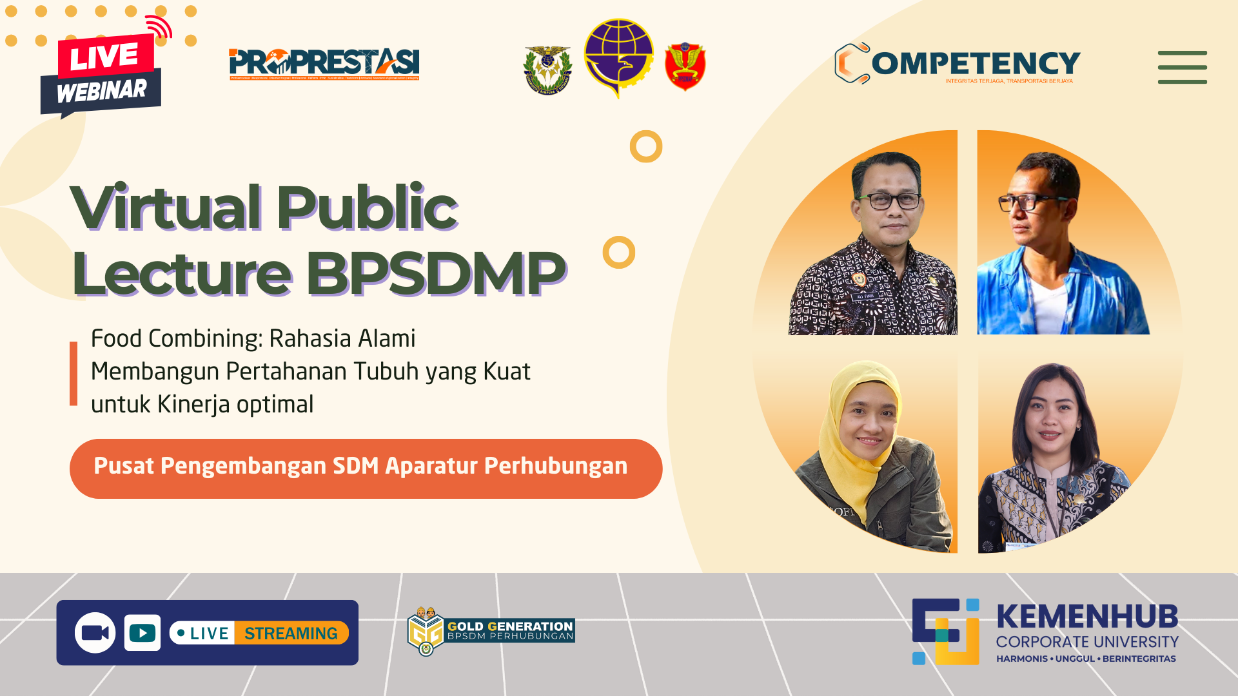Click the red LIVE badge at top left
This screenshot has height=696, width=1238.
pos(105,55)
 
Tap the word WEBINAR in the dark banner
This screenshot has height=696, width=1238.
pos(101,92)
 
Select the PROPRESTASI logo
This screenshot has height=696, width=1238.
pos(324,64)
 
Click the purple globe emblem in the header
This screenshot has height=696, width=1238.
pos(618,57)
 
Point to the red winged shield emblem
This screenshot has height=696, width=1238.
pos(685,66)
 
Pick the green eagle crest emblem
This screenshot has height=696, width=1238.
pos(547,70)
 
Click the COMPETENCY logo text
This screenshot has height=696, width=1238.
pos(975,63)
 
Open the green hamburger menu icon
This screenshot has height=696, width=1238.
pos(1182,67)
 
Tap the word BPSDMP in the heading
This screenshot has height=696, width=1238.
pos(435,273)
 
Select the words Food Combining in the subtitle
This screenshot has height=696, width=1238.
pos(175,338)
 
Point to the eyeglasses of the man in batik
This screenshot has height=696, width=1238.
pos(887,201)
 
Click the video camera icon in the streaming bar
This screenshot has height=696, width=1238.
pos(95,633)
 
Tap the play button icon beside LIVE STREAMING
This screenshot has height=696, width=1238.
pos(142,633)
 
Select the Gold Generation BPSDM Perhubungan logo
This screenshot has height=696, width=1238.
pos(491,631)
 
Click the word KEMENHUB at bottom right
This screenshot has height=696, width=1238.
pos(1087,617)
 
